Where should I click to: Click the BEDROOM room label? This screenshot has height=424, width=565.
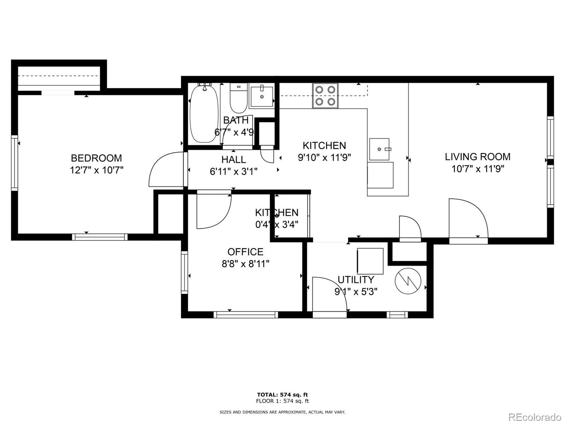96,158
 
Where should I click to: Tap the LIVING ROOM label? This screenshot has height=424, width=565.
478,157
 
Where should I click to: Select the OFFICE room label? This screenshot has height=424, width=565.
245,251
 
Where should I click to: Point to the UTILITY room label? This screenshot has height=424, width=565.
356,280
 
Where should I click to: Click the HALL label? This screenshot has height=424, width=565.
234,159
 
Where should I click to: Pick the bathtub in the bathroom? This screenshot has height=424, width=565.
204,114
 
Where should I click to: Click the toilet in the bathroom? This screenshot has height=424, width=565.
239,98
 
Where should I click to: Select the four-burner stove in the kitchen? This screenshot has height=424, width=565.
325,95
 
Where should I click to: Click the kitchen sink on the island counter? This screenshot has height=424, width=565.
379,149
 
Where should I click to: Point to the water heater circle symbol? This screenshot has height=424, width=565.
408,281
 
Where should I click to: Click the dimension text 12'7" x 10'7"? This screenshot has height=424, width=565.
97,170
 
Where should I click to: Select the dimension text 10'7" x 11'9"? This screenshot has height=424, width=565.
478,169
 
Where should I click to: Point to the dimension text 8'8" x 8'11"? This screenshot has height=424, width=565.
245,264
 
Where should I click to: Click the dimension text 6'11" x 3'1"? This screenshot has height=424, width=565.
234,172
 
